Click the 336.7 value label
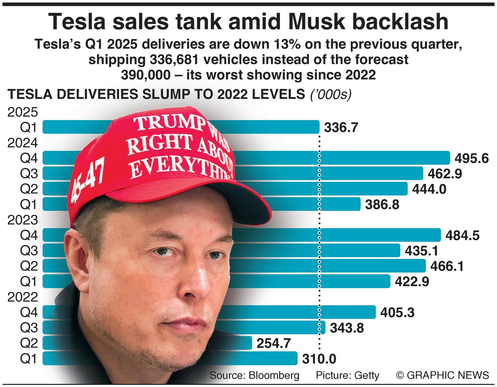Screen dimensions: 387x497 (x=341, y=127)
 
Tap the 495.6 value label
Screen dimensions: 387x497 (x=471, y=158)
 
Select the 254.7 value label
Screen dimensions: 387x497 (x=273, y=343)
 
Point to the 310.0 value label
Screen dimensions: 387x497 (x=319, y=359)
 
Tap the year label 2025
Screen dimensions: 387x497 (x=23, y=112)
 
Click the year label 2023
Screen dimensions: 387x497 (x=23, y=220)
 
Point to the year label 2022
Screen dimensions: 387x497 (x=23, y=297)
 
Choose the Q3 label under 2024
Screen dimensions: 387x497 (x=29, y=173)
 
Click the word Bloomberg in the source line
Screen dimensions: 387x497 (x=274, y=375)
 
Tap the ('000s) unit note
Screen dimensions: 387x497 (x=331, y=94)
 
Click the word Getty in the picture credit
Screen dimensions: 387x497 (x=367, y=375)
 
